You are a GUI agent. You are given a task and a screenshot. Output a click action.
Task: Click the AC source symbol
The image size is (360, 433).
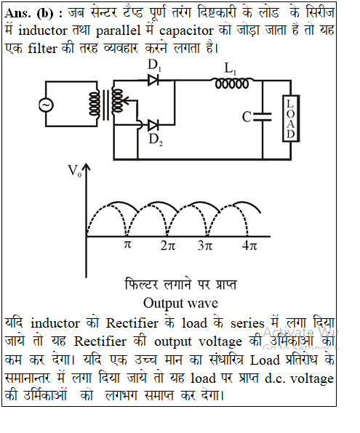coord(46,105)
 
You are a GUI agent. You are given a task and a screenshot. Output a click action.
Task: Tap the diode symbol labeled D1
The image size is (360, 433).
coord(153,80)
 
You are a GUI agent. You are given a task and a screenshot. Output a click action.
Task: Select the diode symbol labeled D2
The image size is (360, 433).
coord(153,126)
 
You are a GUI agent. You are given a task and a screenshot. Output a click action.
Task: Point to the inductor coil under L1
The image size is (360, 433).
coord(232,83)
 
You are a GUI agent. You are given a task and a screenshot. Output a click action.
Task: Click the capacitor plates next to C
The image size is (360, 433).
coord(263,117)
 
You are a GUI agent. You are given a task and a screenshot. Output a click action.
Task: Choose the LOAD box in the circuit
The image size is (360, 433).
coord(291,118)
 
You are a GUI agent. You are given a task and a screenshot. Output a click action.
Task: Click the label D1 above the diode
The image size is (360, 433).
coord(154,65)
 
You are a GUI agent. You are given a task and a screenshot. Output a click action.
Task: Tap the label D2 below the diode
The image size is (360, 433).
coord(156,139)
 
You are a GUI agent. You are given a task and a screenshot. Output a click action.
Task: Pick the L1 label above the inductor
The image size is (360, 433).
coord(230,69)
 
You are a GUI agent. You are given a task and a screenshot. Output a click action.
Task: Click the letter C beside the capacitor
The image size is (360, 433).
coord(247,117)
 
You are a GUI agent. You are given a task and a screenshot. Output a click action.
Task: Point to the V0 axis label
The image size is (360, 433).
coord(75,171)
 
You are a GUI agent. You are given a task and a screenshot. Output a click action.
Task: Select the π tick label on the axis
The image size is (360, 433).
coord(127,245)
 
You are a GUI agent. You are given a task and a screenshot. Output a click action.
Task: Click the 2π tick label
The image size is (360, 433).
coord(168,246)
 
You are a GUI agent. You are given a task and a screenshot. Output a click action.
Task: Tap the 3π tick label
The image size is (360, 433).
coord(205,246)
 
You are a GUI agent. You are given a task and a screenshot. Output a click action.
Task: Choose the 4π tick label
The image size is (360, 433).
coord(249,246)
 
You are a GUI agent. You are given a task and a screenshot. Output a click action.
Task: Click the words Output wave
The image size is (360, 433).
coord(180,303)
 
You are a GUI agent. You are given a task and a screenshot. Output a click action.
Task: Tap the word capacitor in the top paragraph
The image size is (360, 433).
coord(186,31)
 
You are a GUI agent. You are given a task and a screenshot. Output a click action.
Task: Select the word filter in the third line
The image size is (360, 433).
coord(42,49)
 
